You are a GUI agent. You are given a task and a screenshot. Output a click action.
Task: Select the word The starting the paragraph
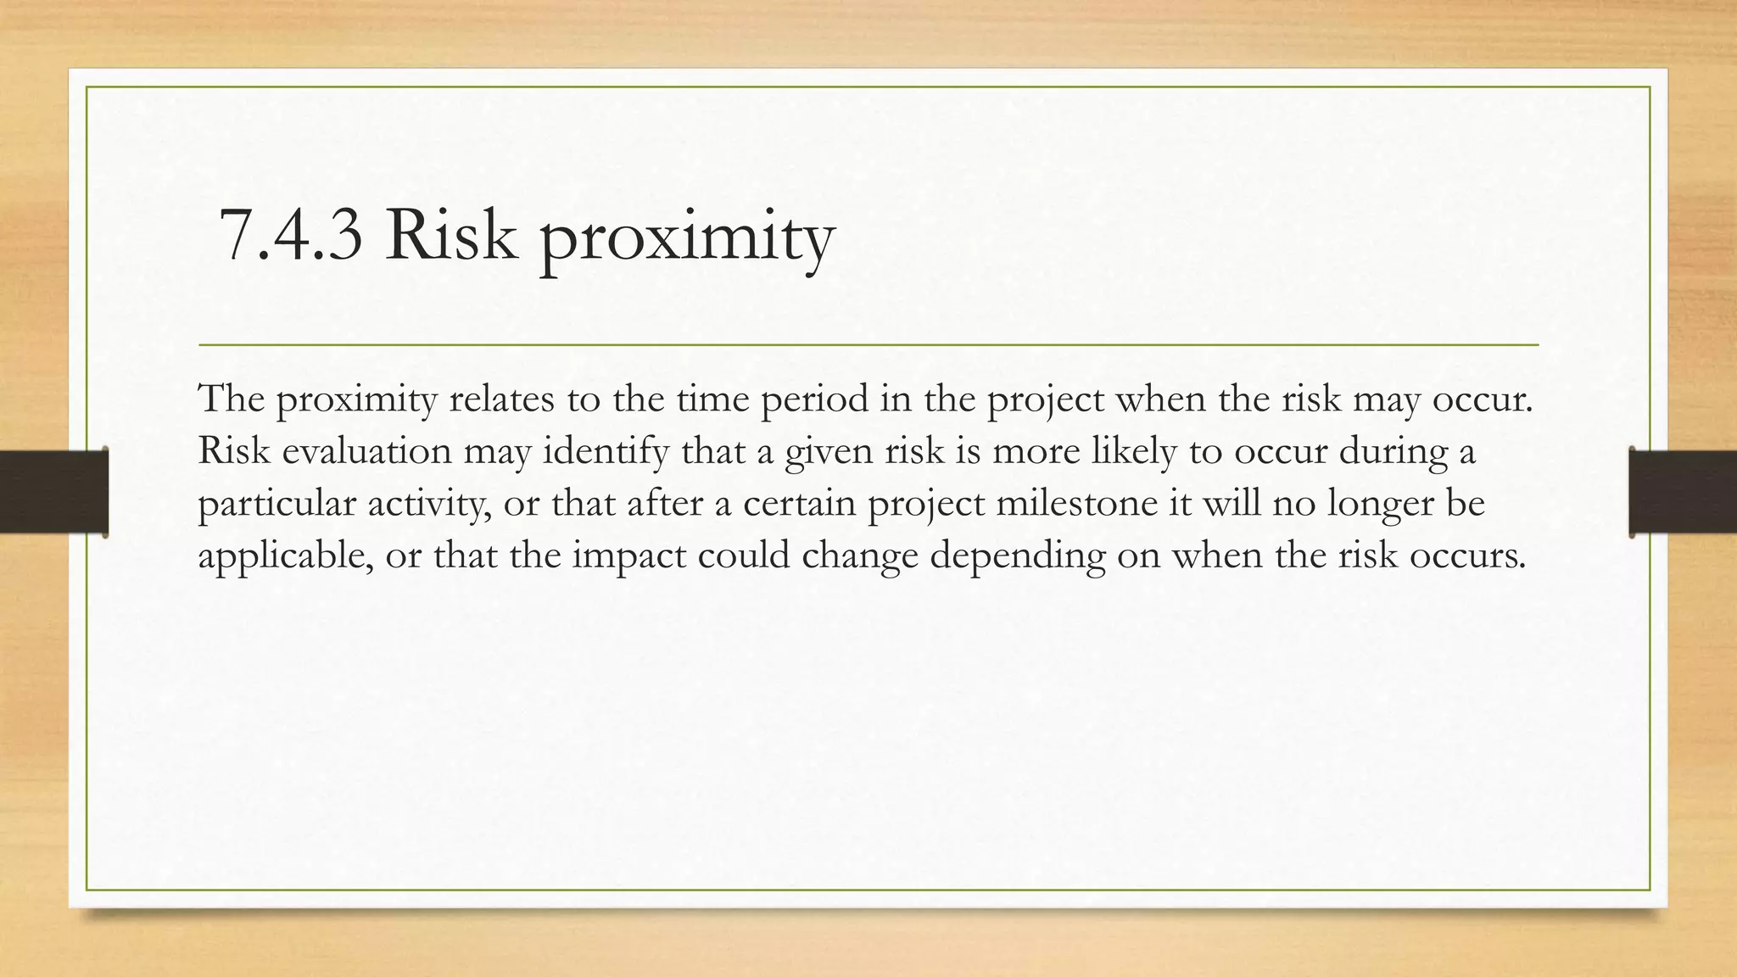point(231,399)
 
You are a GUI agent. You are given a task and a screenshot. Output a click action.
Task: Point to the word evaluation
point(366,450)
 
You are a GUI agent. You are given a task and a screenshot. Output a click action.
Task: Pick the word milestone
point(1076,503)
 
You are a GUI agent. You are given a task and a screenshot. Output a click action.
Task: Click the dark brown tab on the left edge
point(53,492)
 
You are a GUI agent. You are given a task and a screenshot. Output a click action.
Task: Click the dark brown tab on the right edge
point(1683,492)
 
